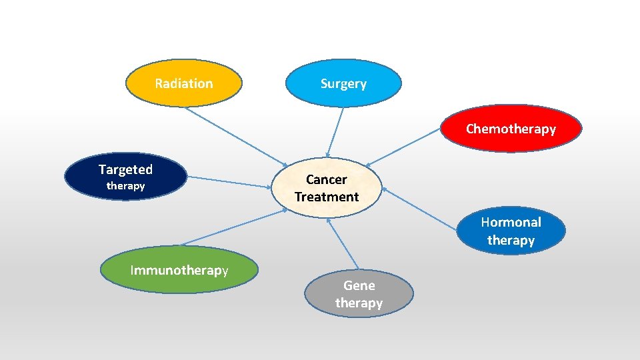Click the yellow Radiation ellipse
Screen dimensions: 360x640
(183, 83)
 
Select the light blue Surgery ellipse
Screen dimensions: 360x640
(343, 83)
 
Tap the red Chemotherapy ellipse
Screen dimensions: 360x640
(511, 129)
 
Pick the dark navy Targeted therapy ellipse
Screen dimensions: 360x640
(125, 177)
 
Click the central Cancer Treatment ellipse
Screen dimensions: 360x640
(327, 188)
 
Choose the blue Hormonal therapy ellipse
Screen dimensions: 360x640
(511, 231)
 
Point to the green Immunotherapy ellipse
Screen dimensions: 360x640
(179, 270)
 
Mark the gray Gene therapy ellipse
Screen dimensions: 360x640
(359, 294)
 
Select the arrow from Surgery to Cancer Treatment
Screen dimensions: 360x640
(335, 132)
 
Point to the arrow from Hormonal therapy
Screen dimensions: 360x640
(420, 209)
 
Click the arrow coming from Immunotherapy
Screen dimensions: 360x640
(233, 227)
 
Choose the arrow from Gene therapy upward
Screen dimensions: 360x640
(344, 245)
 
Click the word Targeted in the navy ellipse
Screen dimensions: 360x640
(125, 169)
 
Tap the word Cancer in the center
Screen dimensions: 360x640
(327, 179)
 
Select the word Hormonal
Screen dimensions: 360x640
(511, 222)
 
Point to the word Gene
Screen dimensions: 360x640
(359, 285)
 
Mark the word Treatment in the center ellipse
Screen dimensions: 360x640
(327, 197)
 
